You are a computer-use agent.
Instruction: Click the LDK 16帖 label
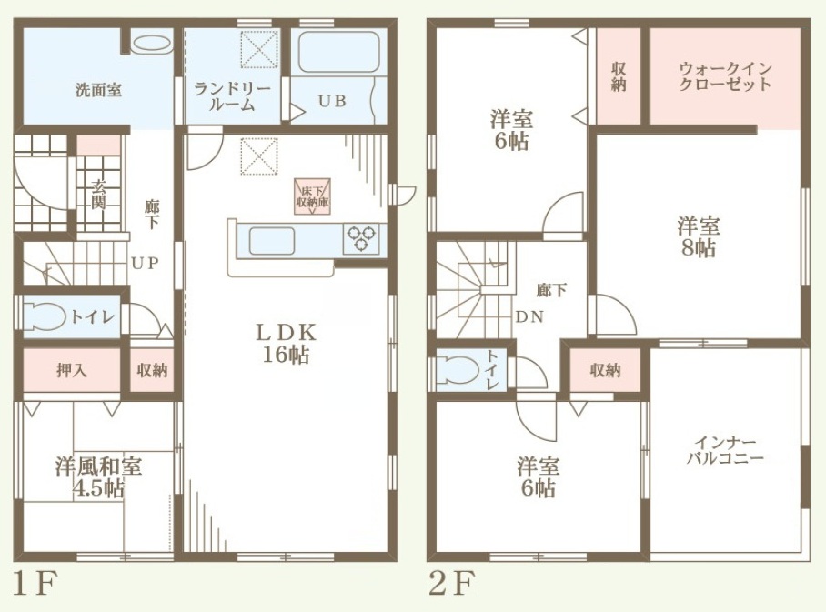tap(286, 344)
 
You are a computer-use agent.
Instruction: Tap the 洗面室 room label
tap(98, 91)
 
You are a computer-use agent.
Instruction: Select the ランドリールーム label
tap(232, 96)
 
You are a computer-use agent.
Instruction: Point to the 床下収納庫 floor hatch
tap(312, 196)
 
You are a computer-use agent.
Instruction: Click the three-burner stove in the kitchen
tap(361, 238)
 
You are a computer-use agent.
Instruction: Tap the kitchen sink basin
tap(272, 241)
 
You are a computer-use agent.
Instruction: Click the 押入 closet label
tap(72, 370)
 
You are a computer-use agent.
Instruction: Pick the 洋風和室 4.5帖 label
tap(98, 477)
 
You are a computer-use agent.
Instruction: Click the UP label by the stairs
tap(145, 263)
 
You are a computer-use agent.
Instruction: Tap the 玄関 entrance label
tap(98, 195)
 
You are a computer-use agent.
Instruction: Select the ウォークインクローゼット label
tap(725, 76)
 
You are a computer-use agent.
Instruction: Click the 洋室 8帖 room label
tap(699, 237)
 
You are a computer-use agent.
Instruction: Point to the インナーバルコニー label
tap(725, 450)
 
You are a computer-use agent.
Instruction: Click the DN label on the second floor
tap(529, 317)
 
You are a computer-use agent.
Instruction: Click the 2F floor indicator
tap(451, 583)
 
